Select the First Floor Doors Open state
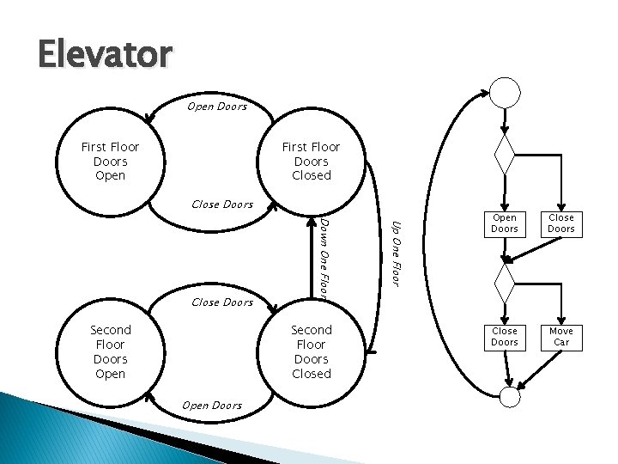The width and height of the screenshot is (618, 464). pyautogui.click(x=110, y=161)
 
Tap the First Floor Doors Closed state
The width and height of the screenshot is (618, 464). pyautogui.click(x=311, y=161)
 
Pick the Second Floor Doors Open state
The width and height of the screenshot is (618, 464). pyautogui.click(x=110, y=351)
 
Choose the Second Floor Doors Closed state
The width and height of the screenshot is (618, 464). pyautogui.click(x=311, y=351)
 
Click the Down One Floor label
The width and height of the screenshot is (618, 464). pyautogui.click(x=325, y=259)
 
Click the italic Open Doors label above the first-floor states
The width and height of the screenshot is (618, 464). pyautogui.click(x=217, y=107)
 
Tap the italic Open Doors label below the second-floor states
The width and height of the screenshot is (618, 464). pyautogui.click(x=212, y=405)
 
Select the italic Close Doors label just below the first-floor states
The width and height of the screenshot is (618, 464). pyautogui.click(x=222, y=205)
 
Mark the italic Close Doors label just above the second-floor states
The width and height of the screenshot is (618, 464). pyautogui.click(x=222, y=302)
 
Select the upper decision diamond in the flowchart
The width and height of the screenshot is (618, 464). pyautogui.click(x=505, y=156)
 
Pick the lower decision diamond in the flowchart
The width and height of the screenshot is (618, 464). pyautogui.click(x=505, y=279)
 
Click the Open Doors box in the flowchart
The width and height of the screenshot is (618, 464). pyautogui.click(x=505, y=223)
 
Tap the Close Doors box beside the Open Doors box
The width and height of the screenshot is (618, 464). pyautogui.click(x=561, y=223)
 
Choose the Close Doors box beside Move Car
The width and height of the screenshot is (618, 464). pyautogui.click(x=505, y=336)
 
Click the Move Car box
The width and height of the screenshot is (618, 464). pyautogui.click(x=561, y=336)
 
